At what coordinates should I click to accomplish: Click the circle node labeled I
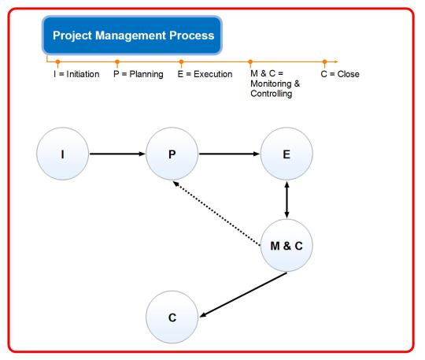63,154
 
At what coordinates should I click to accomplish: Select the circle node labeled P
172,154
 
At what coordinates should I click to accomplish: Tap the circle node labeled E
286,154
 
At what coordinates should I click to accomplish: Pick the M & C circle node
286,245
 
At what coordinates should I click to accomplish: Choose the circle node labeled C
172,317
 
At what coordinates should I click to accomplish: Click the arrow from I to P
117,154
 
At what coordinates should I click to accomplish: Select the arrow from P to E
229,154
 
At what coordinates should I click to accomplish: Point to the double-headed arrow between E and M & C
286,199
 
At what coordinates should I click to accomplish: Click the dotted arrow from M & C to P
216,213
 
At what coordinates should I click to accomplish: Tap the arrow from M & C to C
243,295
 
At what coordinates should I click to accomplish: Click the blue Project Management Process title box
132,35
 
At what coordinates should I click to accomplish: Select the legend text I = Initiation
76,74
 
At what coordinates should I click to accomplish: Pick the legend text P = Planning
139,74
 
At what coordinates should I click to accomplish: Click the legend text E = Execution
205,74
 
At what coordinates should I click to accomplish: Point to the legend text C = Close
340,74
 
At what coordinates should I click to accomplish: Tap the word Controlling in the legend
272,94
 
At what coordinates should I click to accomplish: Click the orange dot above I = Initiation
57,62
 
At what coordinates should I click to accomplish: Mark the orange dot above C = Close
324,62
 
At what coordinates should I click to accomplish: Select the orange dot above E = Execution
181,62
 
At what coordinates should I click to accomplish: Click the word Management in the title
131,35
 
